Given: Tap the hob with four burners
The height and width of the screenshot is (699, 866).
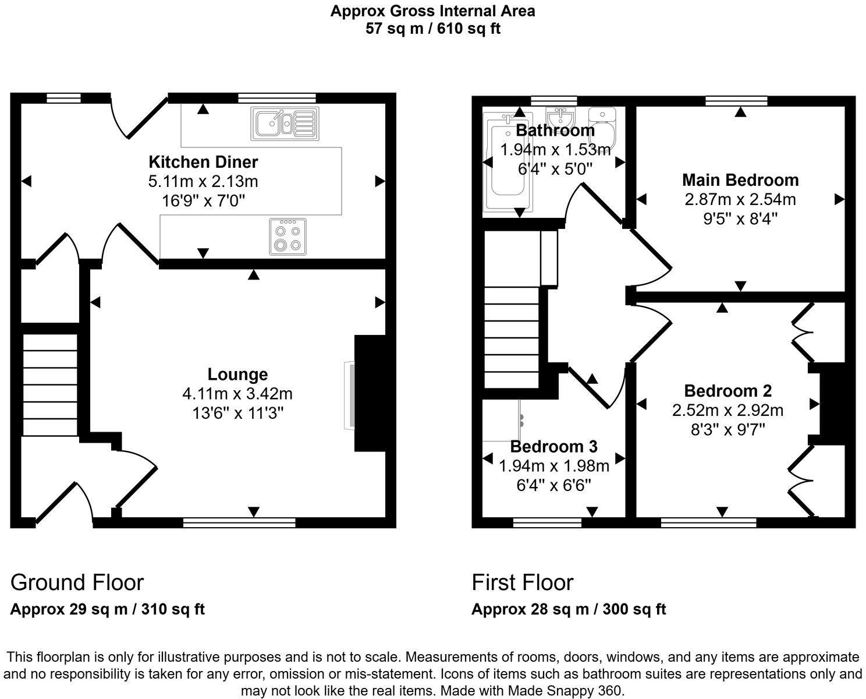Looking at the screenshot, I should (x=288, y=236).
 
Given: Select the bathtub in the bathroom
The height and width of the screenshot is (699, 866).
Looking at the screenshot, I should (x=508, y=162).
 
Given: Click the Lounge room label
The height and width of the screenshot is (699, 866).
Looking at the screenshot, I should (x=237, y=374).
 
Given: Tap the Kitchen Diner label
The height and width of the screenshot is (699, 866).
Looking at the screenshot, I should (x=203, y=161).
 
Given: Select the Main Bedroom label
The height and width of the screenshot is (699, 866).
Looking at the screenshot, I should (x=740, y=180).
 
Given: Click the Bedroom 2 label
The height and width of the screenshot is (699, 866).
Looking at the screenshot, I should (x=727, y=390).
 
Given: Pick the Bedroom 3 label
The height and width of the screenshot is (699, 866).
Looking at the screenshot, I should (x=553, y=447).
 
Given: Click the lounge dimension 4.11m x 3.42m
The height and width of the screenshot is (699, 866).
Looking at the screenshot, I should (x=237, y=394).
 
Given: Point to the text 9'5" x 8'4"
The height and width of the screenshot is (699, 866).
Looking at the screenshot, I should (x=740, y=219).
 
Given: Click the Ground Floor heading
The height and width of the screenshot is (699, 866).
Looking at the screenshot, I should (x=77, y=582).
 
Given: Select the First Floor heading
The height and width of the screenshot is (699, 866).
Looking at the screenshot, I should (x=522, y=582).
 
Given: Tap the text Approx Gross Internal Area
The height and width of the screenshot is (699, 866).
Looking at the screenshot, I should (x=432, y=10).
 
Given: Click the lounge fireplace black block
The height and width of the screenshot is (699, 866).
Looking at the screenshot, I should (x=370, y=393).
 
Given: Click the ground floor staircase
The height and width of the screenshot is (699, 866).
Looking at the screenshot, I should (x=50, y=384).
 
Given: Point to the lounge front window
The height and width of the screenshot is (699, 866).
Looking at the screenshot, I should (x=239, y=523).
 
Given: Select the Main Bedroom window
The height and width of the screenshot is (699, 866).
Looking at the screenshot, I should (x=736, y=100).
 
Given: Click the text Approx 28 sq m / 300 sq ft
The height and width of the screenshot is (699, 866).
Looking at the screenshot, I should (x=568, y=609).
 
